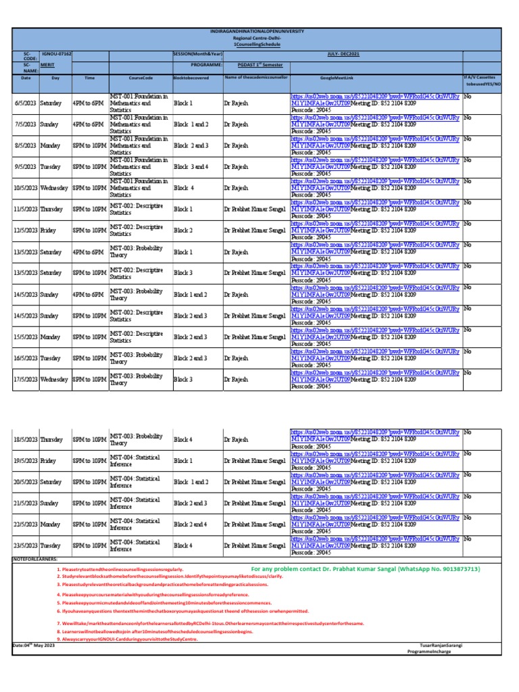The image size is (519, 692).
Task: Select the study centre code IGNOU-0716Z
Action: (x=57, y=52)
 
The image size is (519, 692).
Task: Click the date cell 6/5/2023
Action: (x=26, y=103)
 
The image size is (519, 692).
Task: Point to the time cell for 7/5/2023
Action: (x=89, y=124)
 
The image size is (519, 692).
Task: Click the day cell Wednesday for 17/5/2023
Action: (x=55, y=380)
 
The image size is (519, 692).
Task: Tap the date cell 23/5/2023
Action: (x=26, y=545)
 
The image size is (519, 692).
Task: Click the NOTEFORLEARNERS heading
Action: (x=36, y=560)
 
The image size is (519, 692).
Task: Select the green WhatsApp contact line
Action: (x=365, y=569)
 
